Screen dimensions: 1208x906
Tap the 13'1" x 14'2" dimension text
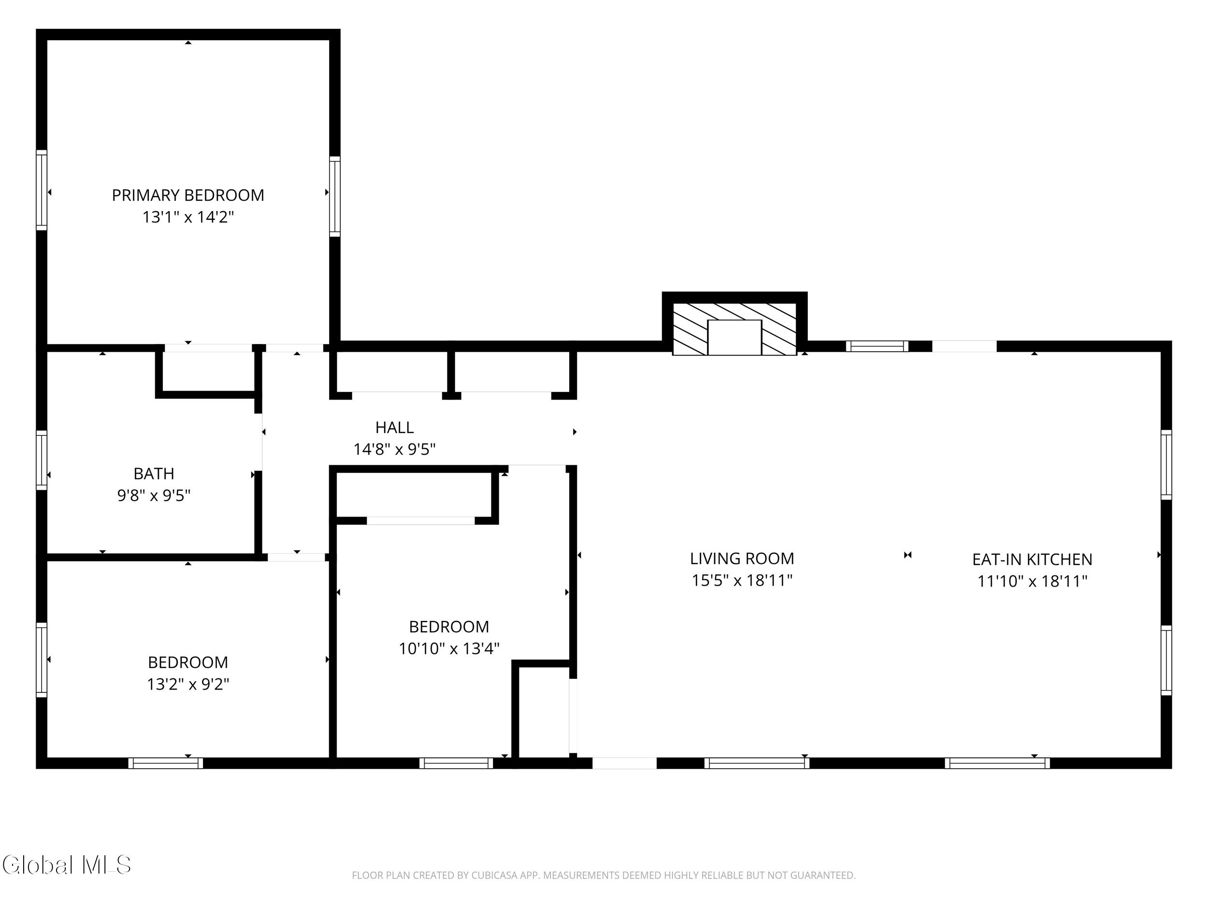(188, 217)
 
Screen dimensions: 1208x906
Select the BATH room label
(154, 474)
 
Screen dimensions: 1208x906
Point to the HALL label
(394, 427)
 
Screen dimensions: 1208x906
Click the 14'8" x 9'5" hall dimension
(394, 449)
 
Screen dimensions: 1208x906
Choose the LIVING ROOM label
(742, 559)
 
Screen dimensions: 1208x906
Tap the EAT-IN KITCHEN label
(1032, 559)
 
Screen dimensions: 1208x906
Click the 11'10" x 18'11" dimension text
(1032, 581)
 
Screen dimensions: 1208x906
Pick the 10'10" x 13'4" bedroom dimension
(449, 649)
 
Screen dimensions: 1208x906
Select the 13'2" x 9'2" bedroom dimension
(188, 684)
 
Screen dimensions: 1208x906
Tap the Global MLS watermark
(67, 865)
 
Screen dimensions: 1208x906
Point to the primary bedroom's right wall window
(335, 197)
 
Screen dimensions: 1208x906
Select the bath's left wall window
(42, 460)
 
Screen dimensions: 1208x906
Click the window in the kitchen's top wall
(877, 346)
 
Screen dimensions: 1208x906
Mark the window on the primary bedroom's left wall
(42, 190)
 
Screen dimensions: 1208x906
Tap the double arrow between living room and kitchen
(907, 555)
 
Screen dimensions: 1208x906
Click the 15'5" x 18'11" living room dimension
(742, 580)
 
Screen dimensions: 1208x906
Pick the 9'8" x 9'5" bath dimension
(154, 496)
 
